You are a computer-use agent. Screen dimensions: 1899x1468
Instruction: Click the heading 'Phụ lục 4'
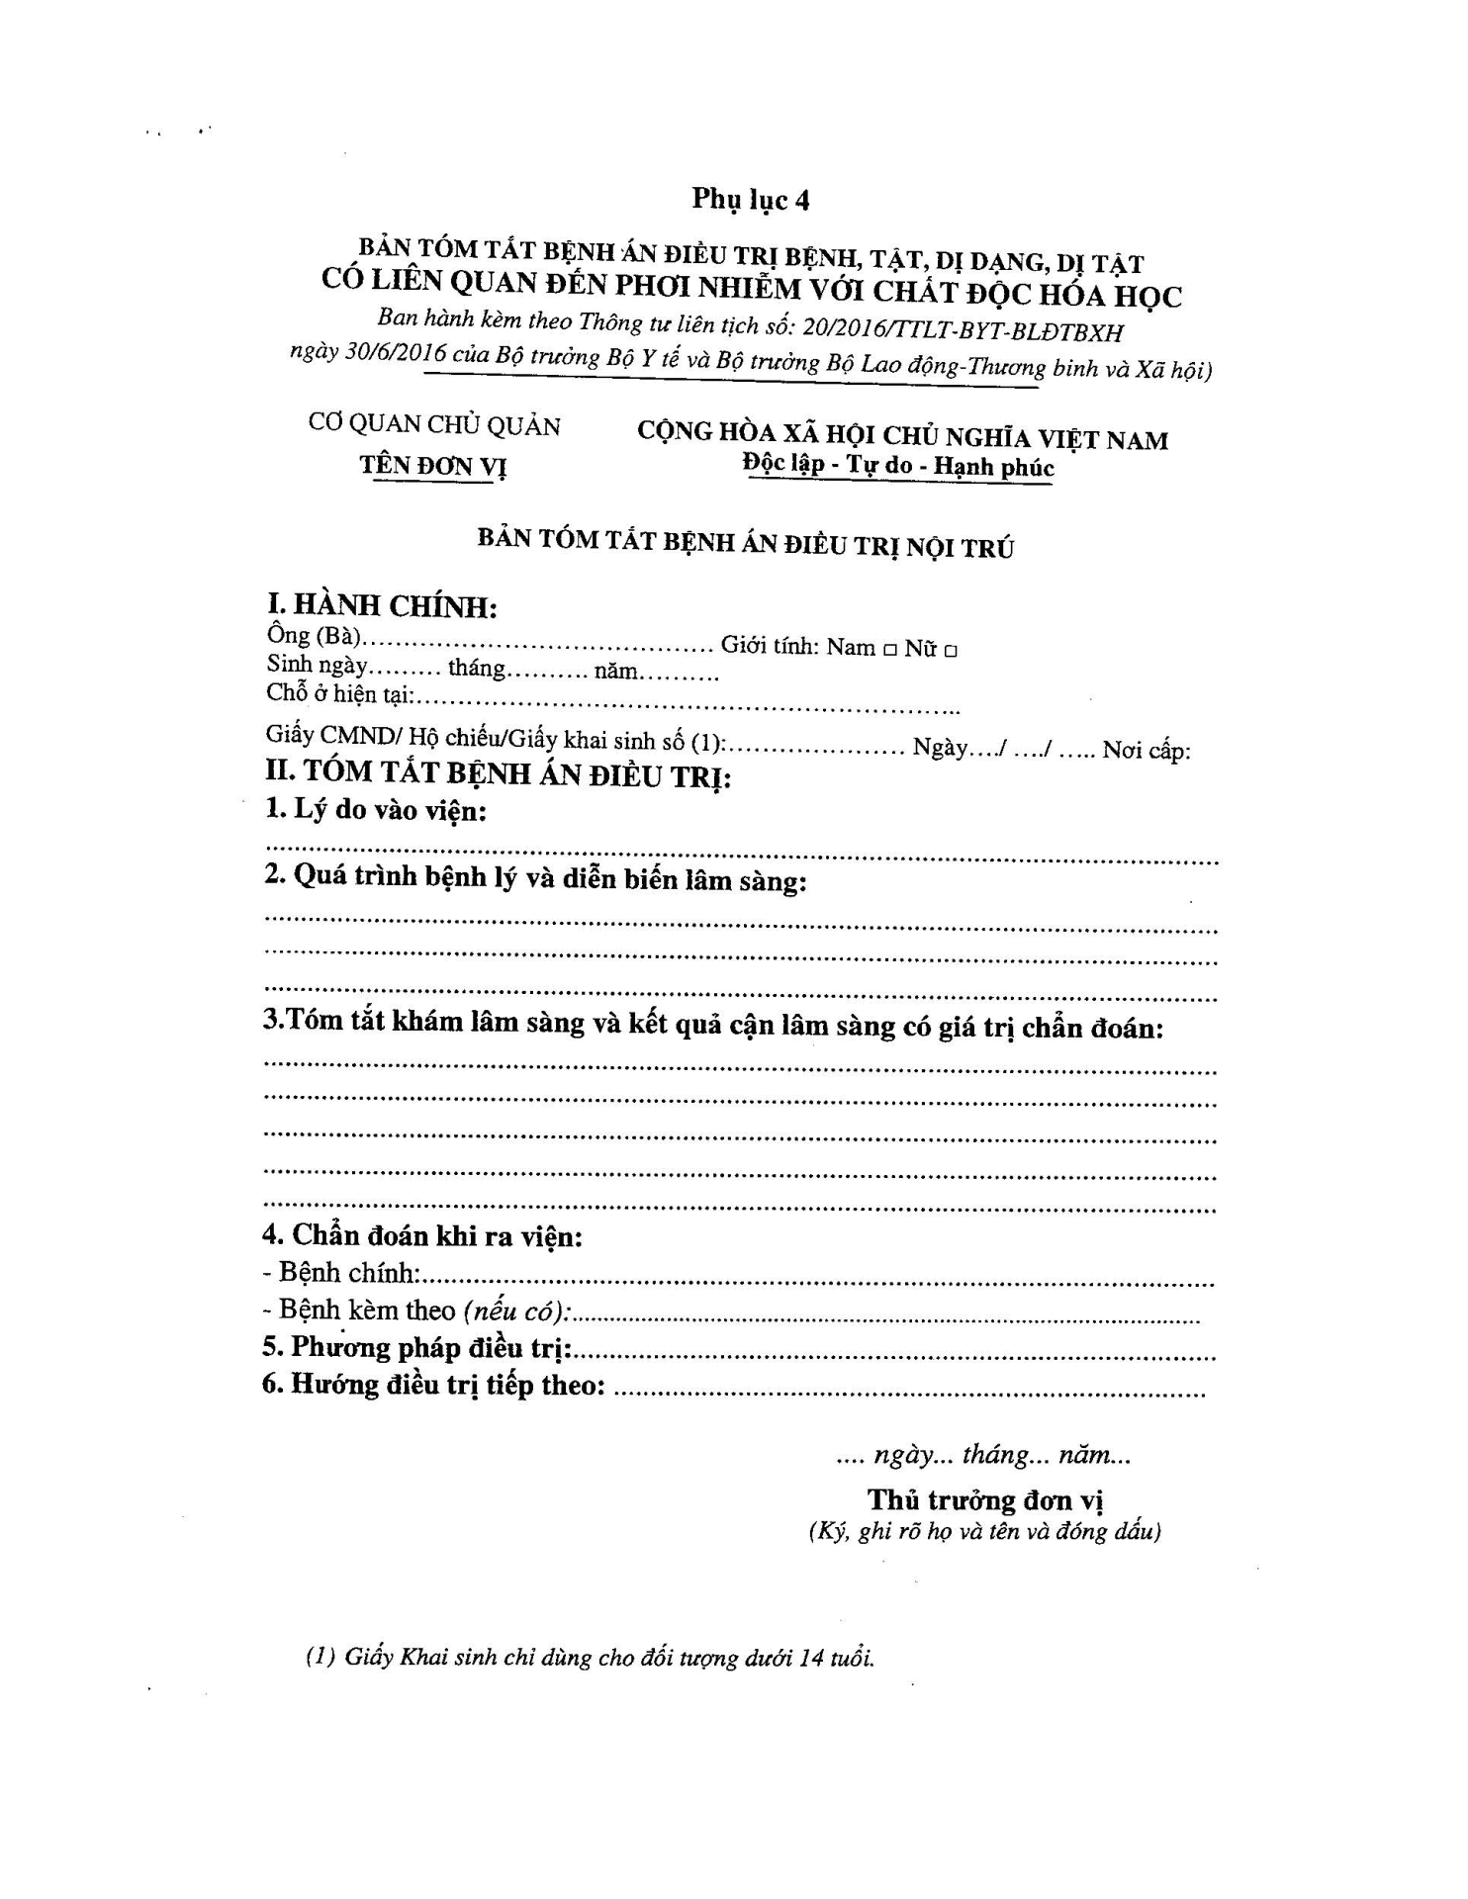(751, 199)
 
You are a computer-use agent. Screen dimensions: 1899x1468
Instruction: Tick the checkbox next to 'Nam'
(889, 651)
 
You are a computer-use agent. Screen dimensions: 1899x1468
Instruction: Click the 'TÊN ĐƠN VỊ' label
(433, 465)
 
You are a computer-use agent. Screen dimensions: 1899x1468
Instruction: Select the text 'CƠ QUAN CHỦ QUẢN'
(434, 425)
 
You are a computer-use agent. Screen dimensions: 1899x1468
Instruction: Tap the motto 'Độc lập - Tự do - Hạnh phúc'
(899, 466)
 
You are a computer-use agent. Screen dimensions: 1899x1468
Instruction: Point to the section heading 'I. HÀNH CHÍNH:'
(382, 604)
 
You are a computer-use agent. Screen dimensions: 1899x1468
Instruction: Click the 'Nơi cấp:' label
(1147, 751)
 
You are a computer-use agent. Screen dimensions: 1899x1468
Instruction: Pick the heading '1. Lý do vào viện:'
(376, 811)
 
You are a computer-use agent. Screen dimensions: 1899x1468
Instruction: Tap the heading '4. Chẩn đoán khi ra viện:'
(421, 1235)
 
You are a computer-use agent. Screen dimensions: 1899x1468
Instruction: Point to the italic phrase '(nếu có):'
(516, 1311)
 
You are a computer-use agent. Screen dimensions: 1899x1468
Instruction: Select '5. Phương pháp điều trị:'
(421, 1347)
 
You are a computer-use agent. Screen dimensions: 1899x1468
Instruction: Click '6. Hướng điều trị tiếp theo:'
(433, 1384)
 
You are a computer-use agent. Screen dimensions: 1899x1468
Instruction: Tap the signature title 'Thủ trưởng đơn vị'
(985, 1500)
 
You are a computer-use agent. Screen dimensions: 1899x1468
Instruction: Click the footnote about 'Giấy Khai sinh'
(590, 1659)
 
